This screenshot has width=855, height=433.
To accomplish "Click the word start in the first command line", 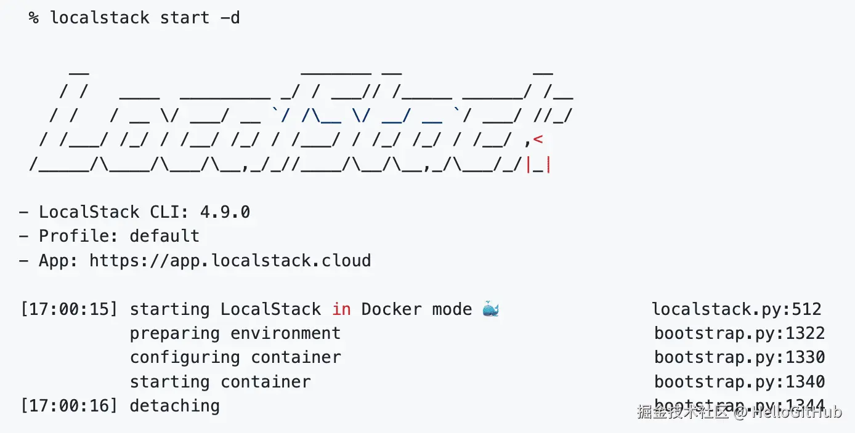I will [x=184, y=18].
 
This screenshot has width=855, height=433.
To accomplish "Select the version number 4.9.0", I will [x=225, y=212].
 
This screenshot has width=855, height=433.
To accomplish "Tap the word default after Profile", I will [x=164, y=236].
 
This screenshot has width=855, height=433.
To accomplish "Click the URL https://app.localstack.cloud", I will [x=230, y=261].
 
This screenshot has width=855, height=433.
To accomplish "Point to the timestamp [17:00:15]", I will [x=68, y=309].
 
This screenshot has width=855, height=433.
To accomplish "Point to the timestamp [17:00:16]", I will [x=68, y=406].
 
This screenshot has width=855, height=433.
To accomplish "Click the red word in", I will [x=341, y=309].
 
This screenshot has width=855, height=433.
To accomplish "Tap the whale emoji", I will [x=491, y=309].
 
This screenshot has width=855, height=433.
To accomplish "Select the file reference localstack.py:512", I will [x=737, y=309].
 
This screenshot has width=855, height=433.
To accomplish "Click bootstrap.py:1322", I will [x=739, y=333].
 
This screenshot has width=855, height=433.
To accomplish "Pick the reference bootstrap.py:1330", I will [x=739, y=357].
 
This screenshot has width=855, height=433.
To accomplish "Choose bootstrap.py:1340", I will [x=739, y=382].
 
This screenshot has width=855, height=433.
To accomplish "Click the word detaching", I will [x=174, y=406].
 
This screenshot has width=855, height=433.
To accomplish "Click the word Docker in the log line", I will [x=391, y=309].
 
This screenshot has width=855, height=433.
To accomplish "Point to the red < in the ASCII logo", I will [x=538, y=140].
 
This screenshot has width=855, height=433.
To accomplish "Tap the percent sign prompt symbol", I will [x=33, y=18].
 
